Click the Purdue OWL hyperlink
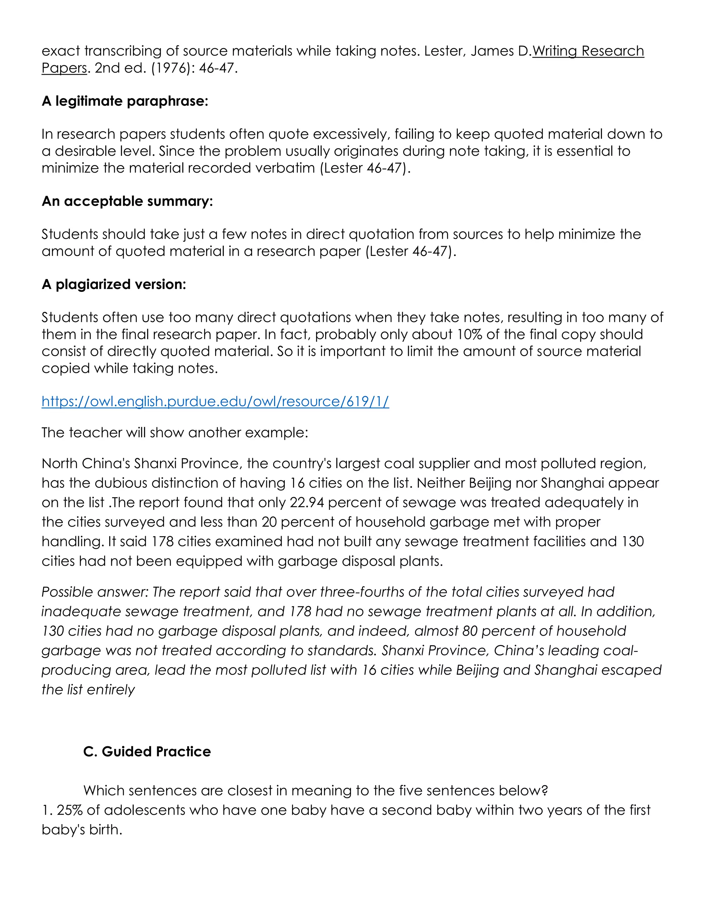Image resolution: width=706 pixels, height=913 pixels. coord(215,401)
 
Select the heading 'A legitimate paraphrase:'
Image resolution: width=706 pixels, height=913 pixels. coord(125,101)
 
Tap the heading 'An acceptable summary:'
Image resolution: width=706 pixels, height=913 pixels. coord(127,201)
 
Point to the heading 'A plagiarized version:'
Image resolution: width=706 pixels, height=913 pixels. coord(114,284)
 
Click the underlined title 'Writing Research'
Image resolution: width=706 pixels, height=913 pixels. coord(588,51)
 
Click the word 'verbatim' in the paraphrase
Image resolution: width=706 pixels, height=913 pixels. coord(285,168)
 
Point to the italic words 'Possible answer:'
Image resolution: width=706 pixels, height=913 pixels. coord(95,592)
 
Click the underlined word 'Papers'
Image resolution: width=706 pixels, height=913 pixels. coord(64,68)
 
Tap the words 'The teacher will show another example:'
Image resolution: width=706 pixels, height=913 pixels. coord(175,432)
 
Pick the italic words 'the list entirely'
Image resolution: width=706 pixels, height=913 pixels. coord(88,689)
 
